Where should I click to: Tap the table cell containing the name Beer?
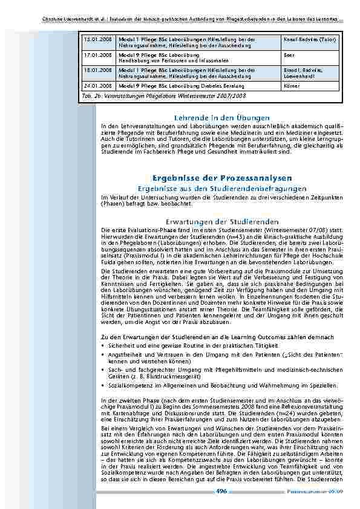(x=287, y=54)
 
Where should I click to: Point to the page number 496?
(x=221, y=491)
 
